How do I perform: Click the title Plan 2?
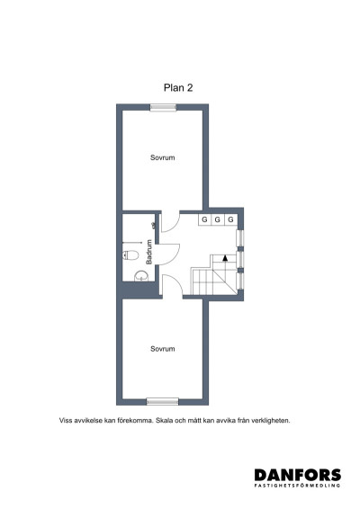(178, 87)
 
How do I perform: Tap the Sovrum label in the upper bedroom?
(162, 157)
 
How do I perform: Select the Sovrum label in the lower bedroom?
(162, 348)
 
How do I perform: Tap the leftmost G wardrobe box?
(205, 219)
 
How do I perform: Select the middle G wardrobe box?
(218, 219)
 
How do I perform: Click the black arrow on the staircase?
(225, 258)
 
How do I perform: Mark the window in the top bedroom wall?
(163, 107)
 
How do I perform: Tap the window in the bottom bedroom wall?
(162, 401)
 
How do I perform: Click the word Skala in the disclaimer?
(166, 420)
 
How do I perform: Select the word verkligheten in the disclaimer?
(272, 420)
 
